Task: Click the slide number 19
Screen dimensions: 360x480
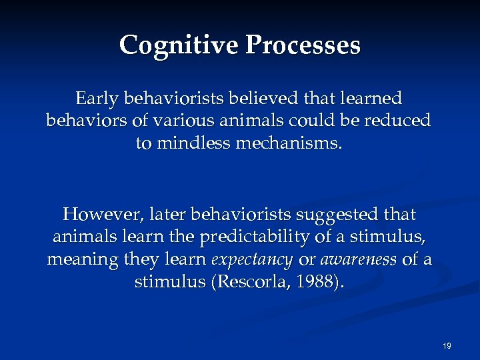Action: click(447, 345)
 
